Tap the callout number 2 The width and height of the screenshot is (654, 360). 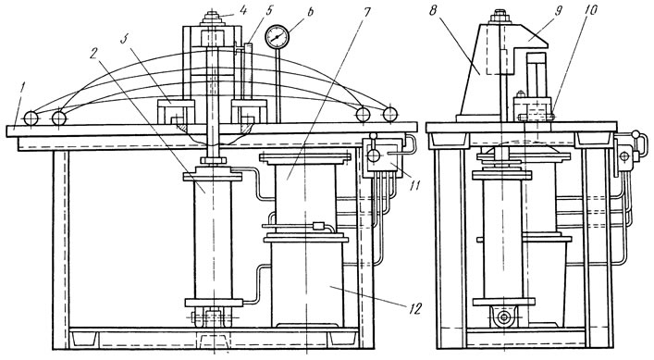[x=94, y=53]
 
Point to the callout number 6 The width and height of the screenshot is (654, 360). [x=310, y=12]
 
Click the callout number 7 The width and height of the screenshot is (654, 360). [x=366, y=12]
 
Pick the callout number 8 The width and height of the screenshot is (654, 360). [x=433, y=10]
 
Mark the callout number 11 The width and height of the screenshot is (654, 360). [x=413, y=185]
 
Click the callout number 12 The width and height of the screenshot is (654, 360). [x=415, y=308]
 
